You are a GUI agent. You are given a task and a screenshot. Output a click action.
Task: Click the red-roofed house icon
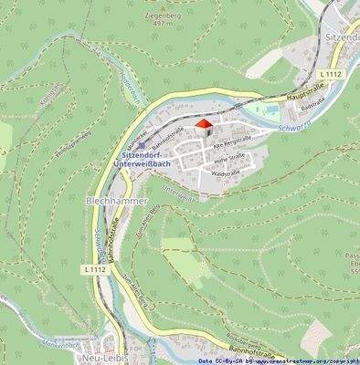tap(204, 126)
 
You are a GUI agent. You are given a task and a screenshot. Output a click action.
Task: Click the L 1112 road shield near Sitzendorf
tap(331, 72)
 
